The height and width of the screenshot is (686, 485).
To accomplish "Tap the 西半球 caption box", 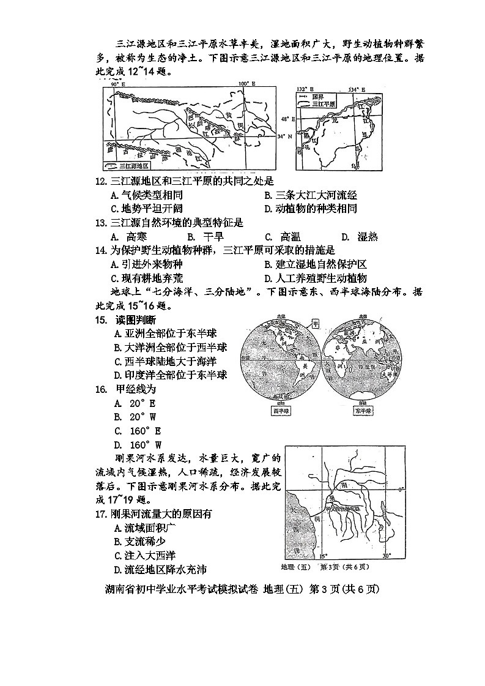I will (281, 411).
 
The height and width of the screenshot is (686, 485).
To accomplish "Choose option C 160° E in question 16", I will (138, 431).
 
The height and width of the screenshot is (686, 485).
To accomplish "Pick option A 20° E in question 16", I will (135, 403).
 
